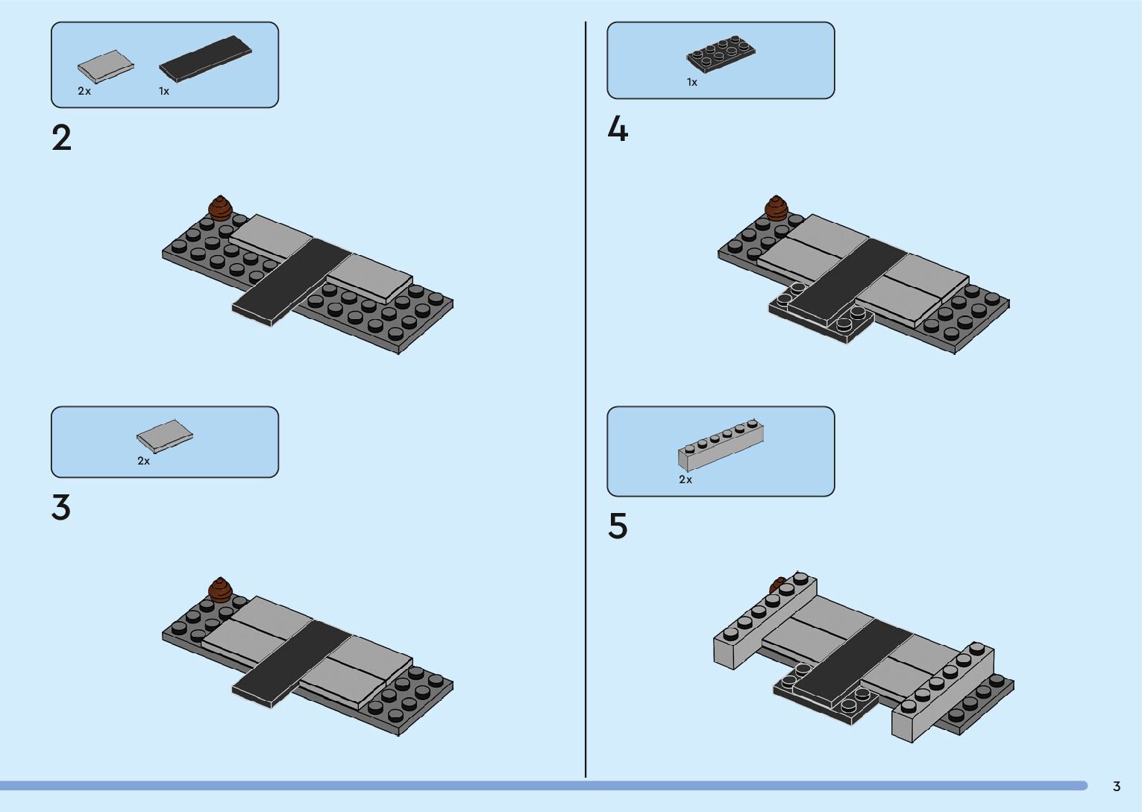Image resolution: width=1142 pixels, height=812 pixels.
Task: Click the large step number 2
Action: (x=62, y=139)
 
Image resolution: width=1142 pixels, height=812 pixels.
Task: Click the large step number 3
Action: (x=61, y=508)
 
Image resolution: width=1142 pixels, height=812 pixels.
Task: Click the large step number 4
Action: (x=618, y=130)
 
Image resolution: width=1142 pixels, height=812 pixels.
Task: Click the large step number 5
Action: (x=618, y=526)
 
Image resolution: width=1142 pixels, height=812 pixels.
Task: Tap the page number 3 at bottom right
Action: (x=1117, y=787)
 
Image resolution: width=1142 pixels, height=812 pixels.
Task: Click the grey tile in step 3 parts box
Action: (x=164, y=435)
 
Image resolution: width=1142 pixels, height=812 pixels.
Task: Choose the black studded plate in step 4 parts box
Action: (x=721, y=54)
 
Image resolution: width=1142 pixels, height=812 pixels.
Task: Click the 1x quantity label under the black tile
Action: (x=164, y=92)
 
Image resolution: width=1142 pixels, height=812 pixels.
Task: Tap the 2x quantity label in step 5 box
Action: (x=685, y=480)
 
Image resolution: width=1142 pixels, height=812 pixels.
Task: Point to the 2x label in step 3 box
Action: (x=144, y=462)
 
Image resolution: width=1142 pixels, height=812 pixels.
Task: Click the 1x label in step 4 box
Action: (x=692, y=83)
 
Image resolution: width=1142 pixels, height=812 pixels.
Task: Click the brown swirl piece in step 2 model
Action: (x=220, y=207)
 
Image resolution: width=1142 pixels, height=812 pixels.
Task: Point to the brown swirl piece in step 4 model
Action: (x=777, y=208)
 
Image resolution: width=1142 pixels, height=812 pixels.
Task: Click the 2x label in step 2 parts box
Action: (x=84, y=92)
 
